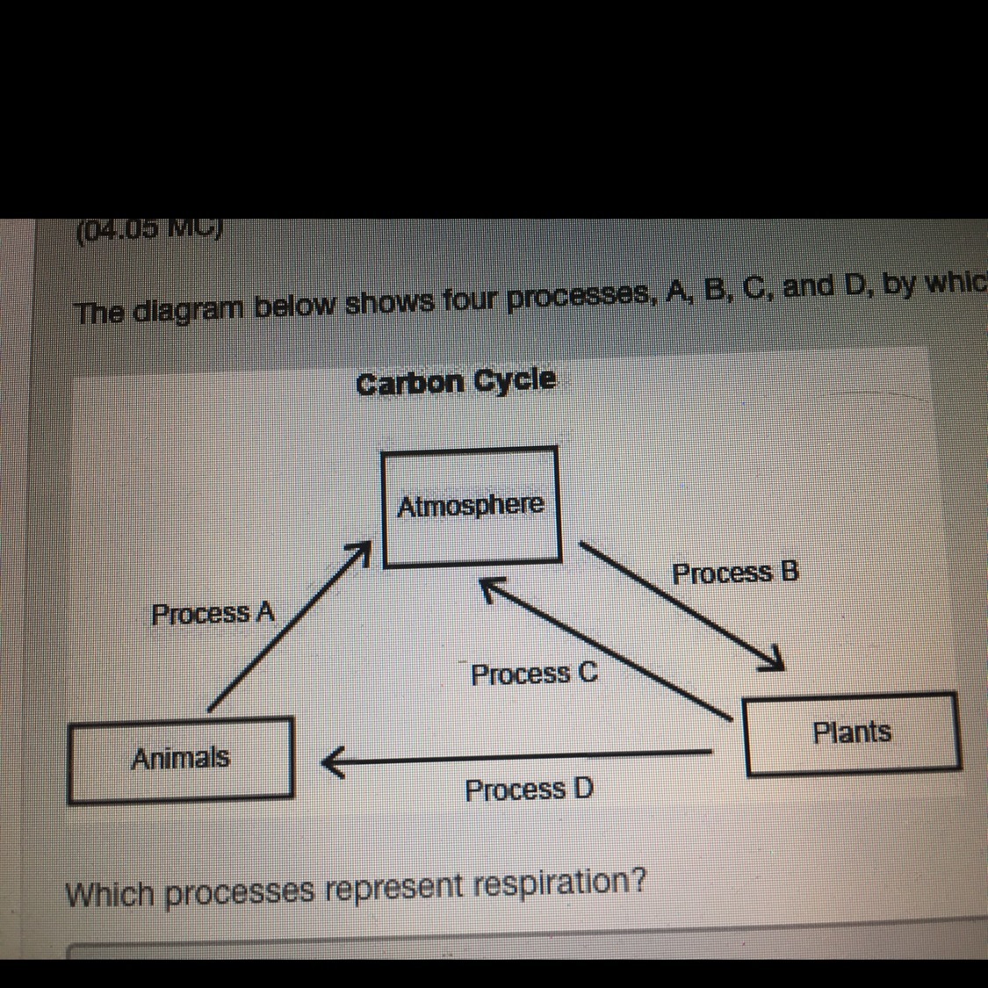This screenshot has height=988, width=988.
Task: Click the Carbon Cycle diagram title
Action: point(457,382)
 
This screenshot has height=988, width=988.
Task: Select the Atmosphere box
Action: point(471,505)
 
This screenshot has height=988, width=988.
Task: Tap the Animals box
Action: point(180,758)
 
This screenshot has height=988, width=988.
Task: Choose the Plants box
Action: point(852,732)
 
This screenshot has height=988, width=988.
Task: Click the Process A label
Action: point(213,613)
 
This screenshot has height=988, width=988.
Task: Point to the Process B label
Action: point(735,573)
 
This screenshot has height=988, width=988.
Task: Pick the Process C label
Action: point(534,674)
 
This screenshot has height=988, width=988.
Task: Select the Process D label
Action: point(529,790)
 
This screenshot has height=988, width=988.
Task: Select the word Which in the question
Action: point(112,895)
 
